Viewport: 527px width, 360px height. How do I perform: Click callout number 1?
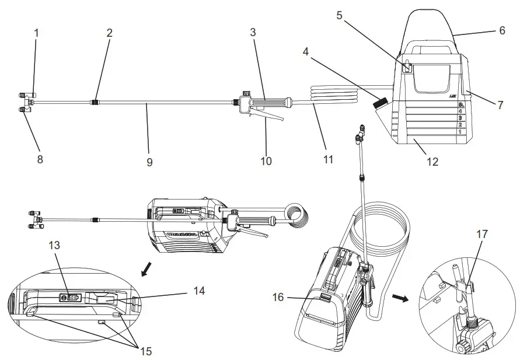point(36,33)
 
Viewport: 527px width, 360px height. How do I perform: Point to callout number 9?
point(149,162)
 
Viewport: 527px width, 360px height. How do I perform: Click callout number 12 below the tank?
point(432,162)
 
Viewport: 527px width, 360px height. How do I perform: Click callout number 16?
point(277,297)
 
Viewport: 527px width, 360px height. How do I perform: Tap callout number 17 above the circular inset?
point(482,235)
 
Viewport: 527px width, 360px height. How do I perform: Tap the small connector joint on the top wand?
point(94,103)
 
